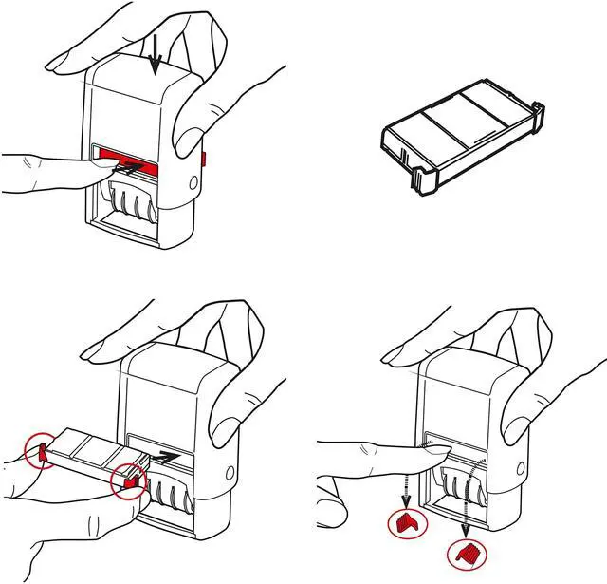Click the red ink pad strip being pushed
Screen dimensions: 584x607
click(x=152, y=156)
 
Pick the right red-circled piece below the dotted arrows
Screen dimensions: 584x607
click(x=464, y=552)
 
